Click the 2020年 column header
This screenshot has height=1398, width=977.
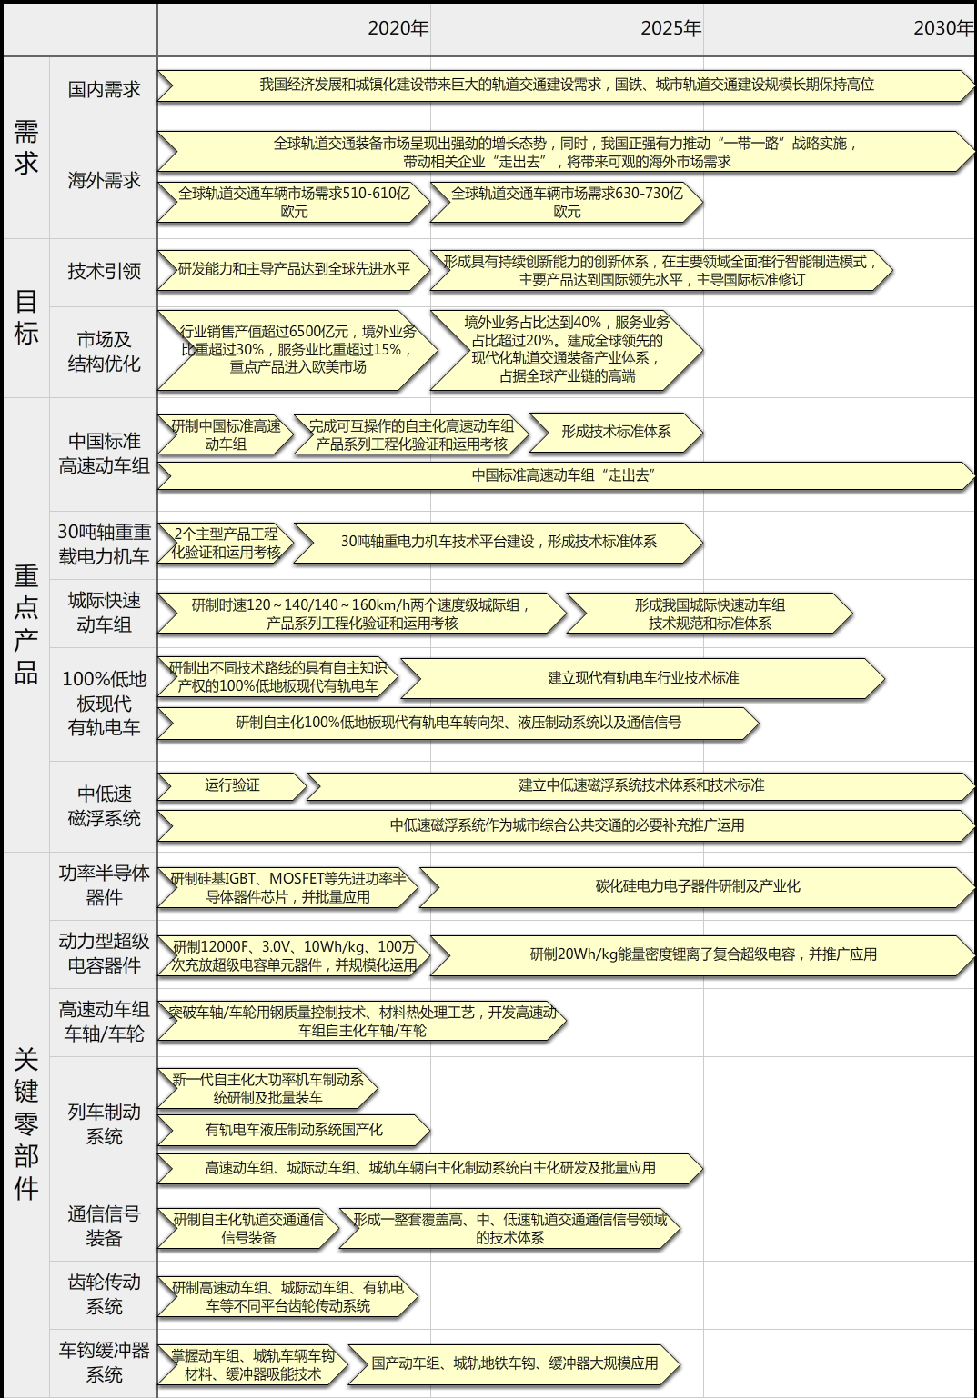(398, 28)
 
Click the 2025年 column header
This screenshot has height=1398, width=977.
(671, 28)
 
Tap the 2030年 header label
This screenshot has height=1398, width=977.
(944, 28)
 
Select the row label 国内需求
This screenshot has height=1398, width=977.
(105, 89)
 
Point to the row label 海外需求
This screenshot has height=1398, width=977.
(105, 180)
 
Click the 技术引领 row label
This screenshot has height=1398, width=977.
(105, 271)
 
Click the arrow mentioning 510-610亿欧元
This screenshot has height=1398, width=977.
(294, 202)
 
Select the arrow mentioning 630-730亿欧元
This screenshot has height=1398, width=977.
(567, 202)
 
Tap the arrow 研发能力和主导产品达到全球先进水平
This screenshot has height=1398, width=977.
(294, 270)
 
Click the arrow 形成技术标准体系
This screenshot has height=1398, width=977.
(616, 432)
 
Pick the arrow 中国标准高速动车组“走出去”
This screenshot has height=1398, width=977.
(566, 475)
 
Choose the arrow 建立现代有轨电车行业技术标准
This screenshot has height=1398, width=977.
(643, 678)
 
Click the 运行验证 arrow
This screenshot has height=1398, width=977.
(232, 785)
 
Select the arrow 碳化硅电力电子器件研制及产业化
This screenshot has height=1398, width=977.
(697, 887)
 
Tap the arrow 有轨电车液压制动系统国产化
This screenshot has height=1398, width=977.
(294, 1130)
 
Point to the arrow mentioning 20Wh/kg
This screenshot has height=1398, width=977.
(703, 955)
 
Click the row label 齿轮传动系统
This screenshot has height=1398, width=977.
(105, 1293)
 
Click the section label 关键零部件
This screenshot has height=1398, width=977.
(26, 1124)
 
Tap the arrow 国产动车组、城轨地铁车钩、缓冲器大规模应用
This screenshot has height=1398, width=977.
(514, 1363)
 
